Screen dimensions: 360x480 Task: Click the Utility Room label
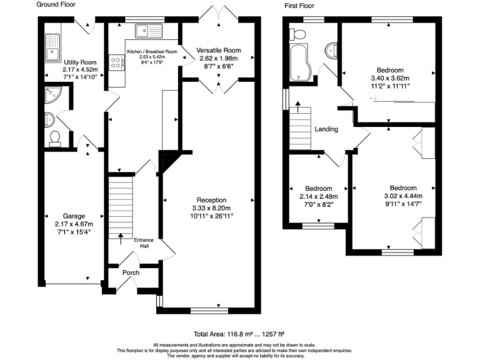click(79, 62)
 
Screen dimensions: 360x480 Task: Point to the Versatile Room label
click(218, 50)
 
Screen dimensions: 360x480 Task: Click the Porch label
click(131, 272)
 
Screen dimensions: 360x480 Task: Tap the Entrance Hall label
click(144, 242)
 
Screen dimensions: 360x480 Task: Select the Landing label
click(326, 129)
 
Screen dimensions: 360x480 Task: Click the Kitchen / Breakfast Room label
click(152, 51)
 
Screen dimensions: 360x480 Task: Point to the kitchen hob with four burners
click(116, 62)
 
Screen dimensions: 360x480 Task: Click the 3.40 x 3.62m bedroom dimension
click(389, 78)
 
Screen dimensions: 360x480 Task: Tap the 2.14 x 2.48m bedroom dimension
click(317, 196)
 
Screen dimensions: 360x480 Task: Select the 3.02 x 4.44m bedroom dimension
click(403, 196)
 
